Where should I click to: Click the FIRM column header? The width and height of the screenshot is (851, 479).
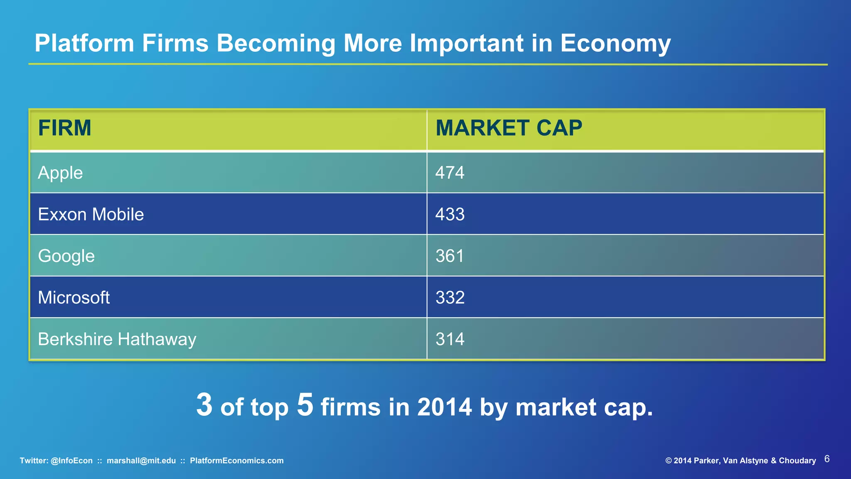coord(64,128)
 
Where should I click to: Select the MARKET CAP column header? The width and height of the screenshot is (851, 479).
coord(509,128)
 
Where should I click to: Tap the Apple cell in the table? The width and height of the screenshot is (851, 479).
coord(60,173)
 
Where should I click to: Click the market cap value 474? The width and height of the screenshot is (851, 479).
coord(450,173)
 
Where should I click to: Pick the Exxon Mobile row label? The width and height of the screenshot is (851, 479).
coord(91,215)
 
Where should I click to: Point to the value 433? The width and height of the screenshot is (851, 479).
coord(450,215)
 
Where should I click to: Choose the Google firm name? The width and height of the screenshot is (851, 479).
coord(66,256)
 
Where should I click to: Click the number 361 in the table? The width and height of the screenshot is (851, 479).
coord(450,256)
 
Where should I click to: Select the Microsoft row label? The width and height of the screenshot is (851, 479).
coord(74,298)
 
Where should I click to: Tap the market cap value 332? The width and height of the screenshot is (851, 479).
coord(450,298)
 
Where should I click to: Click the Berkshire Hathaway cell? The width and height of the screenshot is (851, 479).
coord(117,339)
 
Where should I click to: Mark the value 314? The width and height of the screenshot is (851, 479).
coord(450,339)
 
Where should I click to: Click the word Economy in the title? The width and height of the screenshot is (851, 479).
coord(615,43)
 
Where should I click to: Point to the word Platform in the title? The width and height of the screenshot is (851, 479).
coord(84,43)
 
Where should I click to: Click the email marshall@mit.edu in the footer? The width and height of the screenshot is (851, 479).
coord(141,461)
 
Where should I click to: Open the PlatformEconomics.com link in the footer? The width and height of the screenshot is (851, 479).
coord(236,461)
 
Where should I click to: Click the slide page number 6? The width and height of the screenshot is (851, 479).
coord(827,459)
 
